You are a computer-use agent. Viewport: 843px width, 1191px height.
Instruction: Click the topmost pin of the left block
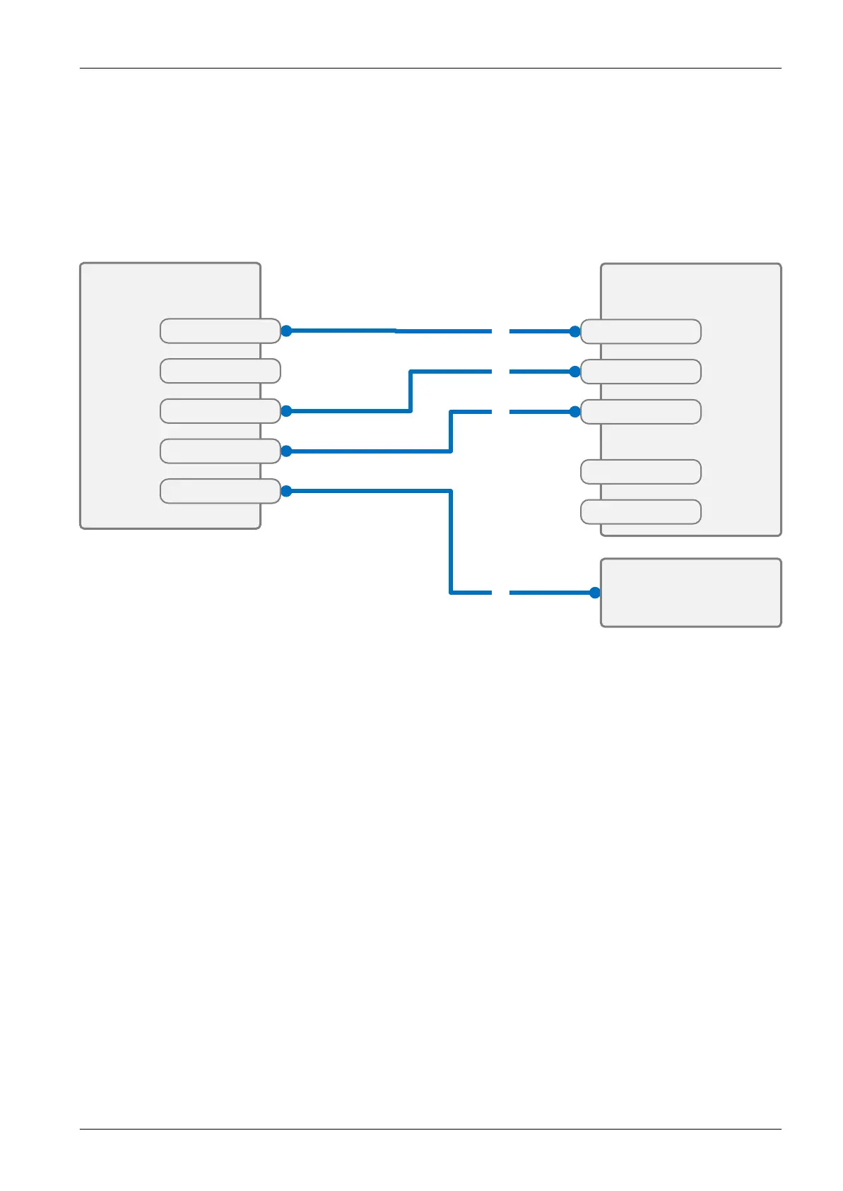[x=220, y=331]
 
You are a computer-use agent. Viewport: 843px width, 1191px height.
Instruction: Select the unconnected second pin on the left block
[x=220, y=371]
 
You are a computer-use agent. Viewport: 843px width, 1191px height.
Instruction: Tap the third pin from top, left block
[x=220, y=411]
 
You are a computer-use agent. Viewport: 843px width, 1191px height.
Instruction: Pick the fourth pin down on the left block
[x=220, y=451]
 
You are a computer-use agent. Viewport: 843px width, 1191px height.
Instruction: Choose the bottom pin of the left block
[x=220, y=491]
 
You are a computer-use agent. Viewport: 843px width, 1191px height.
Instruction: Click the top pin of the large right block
[x=640, y=331]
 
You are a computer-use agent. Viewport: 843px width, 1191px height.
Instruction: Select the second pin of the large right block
[x=640, y=372]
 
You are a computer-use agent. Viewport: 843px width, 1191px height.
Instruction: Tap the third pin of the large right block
[x=640, y=411]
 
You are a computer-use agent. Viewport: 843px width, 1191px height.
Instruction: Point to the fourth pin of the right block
[x=640, y=472]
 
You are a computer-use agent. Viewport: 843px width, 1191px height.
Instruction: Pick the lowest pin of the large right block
[x=640, y=511]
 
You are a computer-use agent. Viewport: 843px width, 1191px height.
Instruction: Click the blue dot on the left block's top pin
[x=286, y=331]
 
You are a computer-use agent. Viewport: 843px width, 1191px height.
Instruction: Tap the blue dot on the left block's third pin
[x=286, y=411]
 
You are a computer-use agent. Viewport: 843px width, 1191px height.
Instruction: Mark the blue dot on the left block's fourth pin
[x=286, y=451]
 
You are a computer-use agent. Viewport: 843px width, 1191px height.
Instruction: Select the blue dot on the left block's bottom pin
[x=286, y=491]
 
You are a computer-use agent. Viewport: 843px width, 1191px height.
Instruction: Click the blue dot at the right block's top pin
[x=574, y=331]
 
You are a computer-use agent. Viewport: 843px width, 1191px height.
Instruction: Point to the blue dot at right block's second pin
[x=574, y=372]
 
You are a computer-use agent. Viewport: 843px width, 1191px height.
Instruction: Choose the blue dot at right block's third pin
[x=574, y=411]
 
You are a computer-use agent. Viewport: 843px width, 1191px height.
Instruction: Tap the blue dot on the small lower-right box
[x=595, y=593]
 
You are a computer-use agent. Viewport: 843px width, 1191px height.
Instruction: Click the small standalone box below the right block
[x=690, y=593]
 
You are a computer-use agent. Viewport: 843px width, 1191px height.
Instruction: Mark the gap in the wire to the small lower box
[x=500, y=593]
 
